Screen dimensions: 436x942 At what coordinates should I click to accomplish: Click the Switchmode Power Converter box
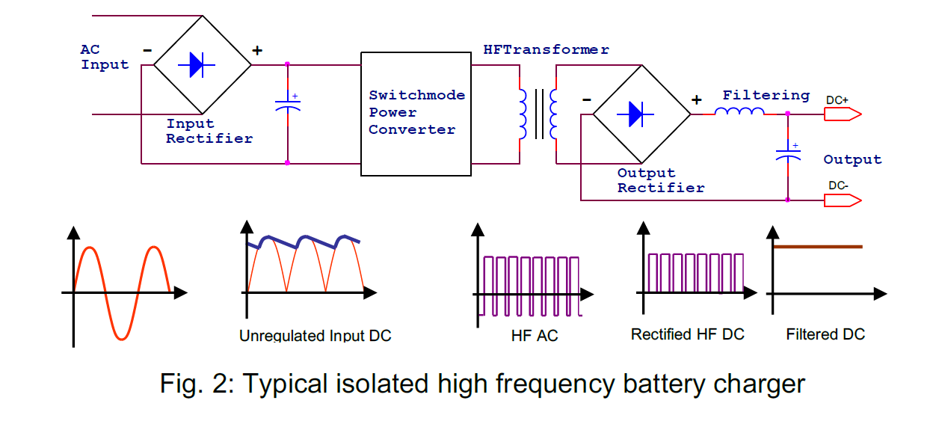(x=416, y=114)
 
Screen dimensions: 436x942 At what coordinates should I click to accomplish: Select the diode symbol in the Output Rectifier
(x=635, y=114)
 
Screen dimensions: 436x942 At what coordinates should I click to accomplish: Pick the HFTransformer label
(x=546, y=50)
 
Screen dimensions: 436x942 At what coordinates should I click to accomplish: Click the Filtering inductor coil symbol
(x=739, y=112)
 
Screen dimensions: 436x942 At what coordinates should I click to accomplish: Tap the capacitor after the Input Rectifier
(x=288, y=105)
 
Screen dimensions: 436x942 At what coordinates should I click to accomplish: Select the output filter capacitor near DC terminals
(x=788, y=154)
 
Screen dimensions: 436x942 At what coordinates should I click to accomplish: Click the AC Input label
(x=105, y=58)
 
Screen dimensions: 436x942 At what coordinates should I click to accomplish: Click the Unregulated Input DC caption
(x=315, y=336)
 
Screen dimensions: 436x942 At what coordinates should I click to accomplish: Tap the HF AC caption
(x=535, y=336)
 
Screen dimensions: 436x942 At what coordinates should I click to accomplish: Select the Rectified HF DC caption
(x=688, y=334)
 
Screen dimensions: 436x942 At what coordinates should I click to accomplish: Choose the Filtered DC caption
(x=825, y=334)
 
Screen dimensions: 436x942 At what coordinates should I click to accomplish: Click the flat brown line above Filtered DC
(x=818, y=246)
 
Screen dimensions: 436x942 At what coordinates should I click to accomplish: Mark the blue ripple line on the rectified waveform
(x=307, y=240)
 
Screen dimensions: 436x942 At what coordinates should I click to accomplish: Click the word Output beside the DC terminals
(x=852, y=159)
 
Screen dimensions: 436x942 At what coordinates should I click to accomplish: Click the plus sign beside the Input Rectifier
(x=257, y=51)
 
